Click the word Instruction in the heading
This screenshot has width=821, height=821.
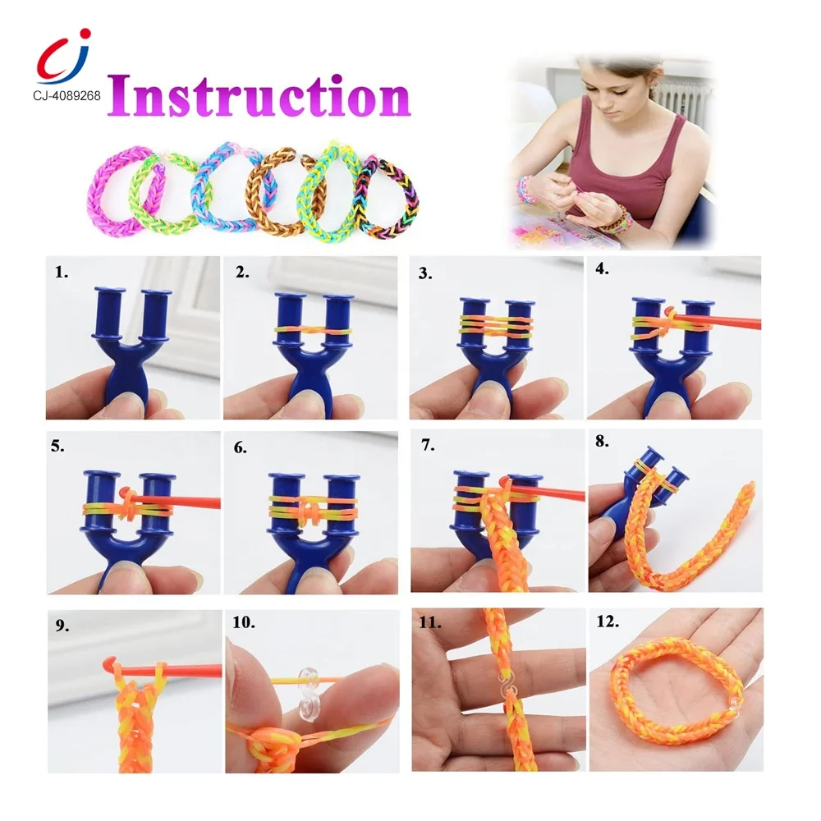(258, 96)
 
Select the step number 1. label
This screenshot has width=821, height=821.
(62, 273)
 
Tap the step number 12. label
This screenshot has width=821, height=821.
(608, 623)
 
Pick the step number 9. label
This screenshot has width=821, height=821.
(62, 626)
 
